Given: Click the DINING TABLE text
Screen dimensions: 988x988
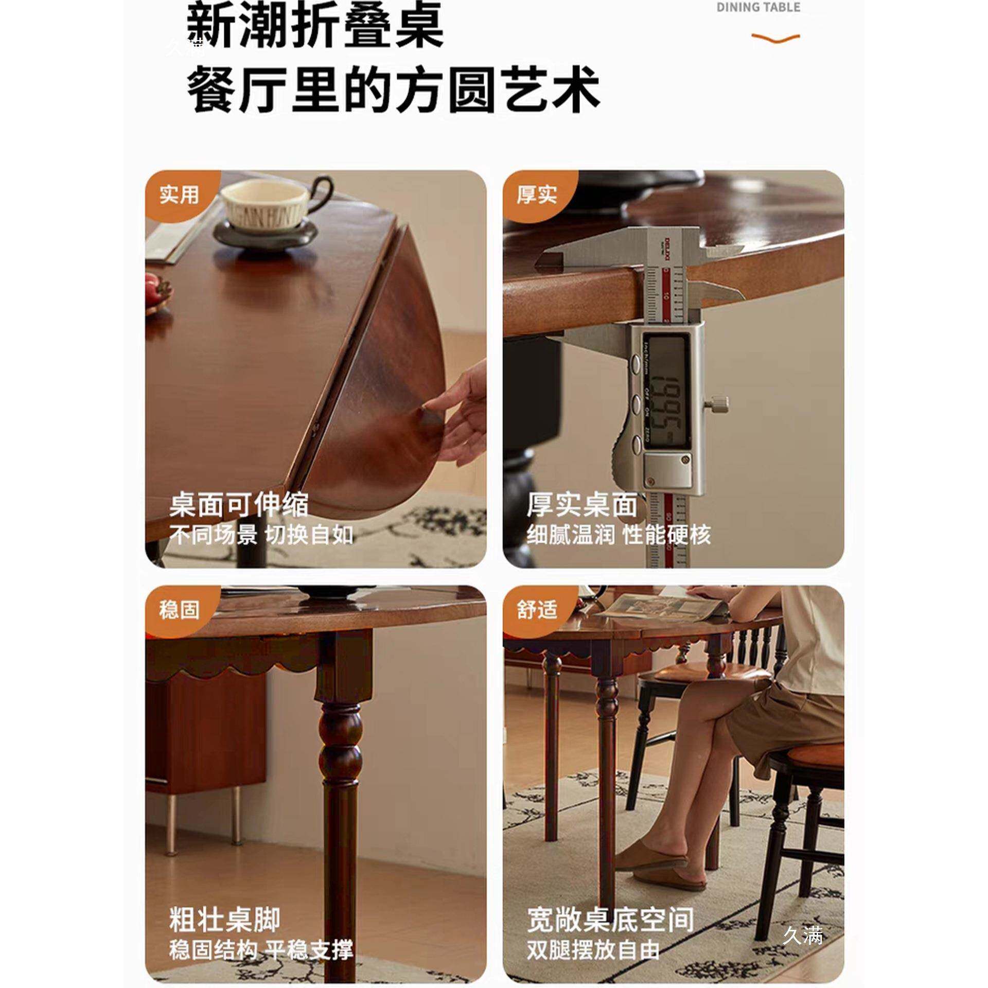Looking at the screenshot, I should (758, 7).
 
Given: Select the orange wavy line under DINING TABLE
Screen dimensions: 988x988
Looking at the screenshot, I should (775, 38).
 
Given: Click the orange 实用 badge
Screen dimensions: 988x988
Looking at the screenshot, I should (179, 195).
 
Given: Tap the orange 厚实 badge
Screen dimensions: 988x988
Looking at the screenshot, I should (537, 195).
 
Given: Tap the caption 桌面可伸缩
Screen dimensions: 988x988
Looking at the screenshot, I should (239, 505).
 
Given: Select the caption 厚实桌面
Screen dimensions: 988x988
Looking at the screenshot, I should (581, 505).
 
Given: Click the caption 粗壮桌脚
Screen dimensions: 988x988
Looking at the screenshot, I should (225, 920).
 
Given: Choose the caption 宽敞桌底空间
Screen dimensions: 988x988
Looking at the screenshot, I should (610, 920).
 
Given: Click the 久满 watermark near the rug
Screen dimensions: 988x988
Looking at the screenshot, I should (802, 936).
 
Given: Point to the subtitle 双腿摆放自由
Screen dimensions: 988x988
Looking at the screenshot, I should (593, 950).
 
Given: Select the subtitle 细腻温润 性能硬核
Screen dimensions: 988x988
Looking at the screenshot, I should (618, 535).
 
